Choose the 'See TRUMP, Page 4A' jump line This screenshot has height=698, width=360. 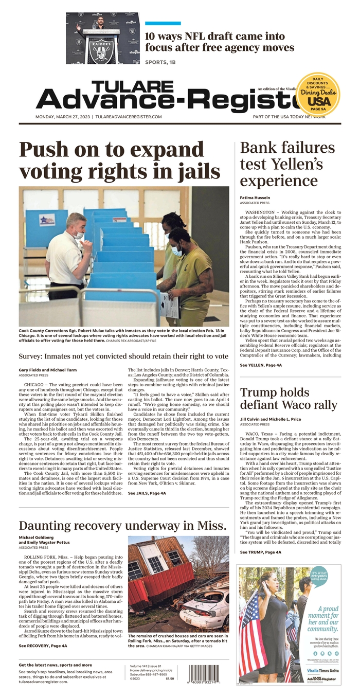pyautogui.click(x=260, y=552)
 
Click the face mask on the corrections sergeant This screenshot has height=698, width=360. pyautogui.click(x=78, y=236)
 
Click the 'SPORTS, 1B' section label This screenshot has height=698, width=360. pyautogui.click(x=163, y=63)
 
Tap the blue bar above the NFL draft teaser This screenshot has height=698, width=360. pyautogui.click(x=163, y=23)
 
